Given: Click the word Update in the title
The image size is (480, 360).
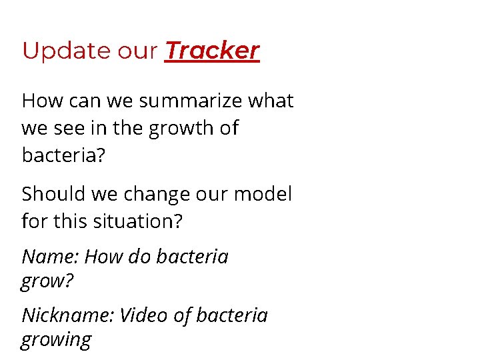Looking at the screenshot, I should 57,51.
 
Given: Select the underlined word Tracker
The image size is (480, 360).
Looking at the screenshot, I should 212,51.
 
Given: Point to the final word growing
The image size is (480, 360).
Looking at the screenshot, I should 56,341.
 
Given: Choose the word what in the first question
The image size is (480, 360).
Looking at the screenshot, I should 270,101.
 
